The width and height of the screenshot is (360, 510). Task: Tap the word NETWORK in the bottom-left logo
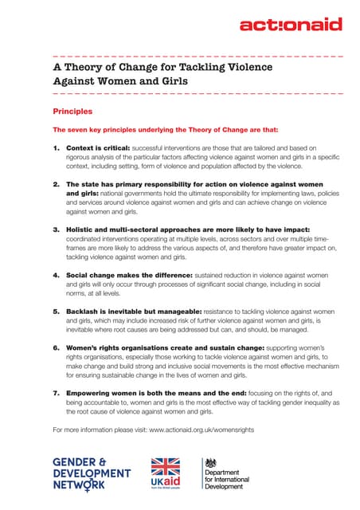point(78,484)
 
